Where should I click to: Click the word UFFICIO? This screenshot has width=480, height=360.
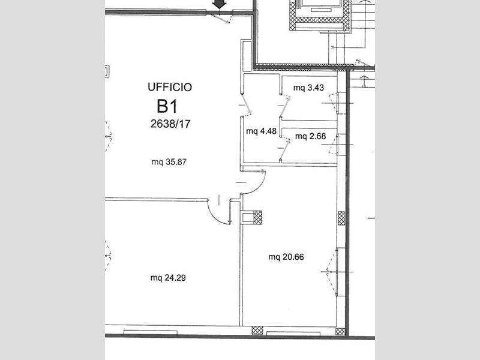tap(170, 87)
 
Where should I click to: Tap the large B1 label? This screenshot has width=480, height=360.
tap(167, 106)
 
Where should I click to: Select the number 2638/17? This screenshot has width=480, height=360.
tap(170, 124)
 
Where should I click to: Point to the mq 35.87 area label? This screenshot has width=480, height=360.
tap(169, 162)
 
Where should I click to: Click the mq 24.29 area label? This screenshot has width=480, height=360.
tap(168, 278)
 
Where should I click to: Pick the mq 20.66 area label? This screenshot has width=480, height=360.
tap(286, 257)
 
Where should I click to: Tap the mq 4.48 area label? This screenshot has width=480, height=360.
tap(262, 131)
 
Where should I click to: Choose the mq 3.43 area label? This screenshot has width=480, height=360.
tap(308, 88)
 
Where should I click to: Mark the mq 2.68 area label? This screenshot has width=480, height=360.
tap(310, 136)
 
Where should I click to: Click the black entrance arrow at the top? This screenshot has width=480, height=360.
tap(220, 4)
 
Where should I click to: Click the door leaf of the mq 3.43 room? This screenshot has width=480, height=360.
tap(285, 107)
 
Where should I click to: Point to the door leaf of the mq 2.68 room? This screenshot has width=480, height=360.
tap(284, 151)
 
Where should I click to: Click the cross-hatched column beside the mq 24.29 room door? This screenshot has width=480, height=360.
tap(258, 217)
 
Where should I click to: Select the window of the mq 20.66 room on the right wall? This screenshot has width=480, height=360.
tap(337, 272)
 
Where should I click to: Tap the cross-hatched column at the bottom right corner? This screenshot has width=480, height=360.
tap(340, 332)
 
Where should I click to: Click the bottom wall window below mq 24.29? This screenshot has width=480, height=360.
tap(151, 332)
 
